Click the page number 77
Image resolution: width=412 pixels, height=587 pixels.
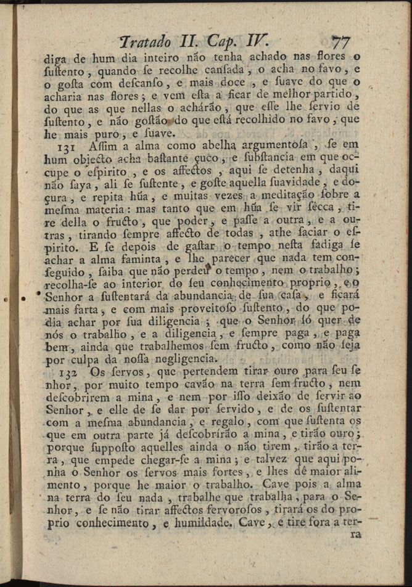tap(340, 43)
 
